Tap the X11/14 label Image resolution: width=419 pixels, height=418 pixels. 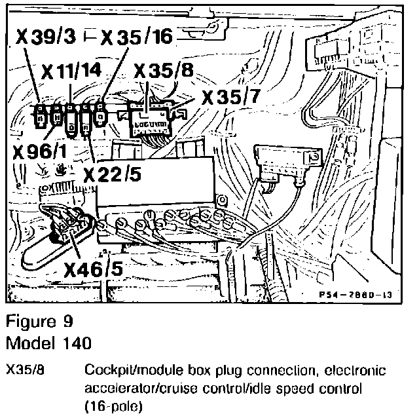coord(72,71)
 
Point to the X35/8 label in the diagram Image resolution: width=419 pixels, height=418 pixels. coord(162,71)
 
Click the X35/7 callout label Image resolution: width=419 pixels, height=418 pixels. coord(230,98)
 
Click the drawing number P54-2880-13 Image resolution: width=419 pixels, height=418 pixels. coord(361,297)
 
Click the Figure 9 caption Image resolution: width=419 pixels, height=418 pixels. coord(39,324)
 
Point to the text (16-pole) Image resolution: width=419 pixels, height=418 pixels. coord(112,406)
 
